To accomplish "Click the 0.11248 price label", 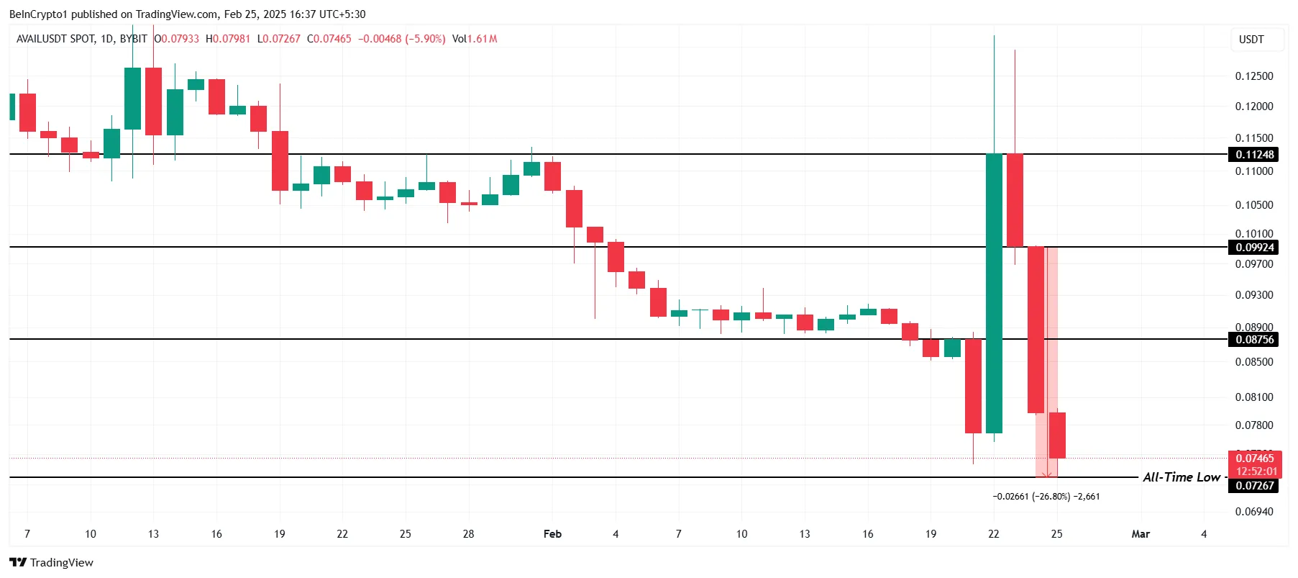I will click(x=1254, y=155).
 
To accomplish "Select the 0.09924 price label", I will click(x=1254, y=248).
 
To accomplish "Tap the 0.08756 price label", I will click(x=1254, y=340).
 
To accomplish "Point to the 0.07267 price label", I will click(x=1254, y=486).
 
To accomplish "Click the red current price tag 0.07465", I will click(x=1254, y=459).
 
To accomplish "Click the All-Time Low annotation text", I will click(x=1181, y=477).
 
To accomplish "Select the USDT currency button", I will click(x=1251, y=40).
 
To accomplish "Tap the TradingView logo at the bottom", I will click(x=52, y=562).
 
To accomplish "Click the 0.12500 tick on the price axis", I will click(x=1253, y=76).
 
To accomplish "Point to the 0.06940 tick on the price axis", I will click(x=1253, y=512).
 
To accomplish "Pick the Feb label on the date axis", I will click(x=552, y=534).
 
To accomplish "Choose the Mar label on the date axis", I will click(x=1140, y=534).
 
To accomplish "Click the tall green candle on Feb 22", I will click(x=994, y=288).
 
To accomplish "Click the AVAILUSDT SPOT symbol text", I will click(x=55, y=39).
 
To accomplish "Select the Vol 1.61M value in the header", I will click(x=475, y=39).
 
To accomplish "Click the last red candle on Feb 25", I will click(x=1057, y=435).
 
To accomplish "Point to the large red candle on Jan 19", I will click(x=280, y=161).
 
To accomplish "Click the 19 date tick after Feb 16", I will click(x=931, y=534).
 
